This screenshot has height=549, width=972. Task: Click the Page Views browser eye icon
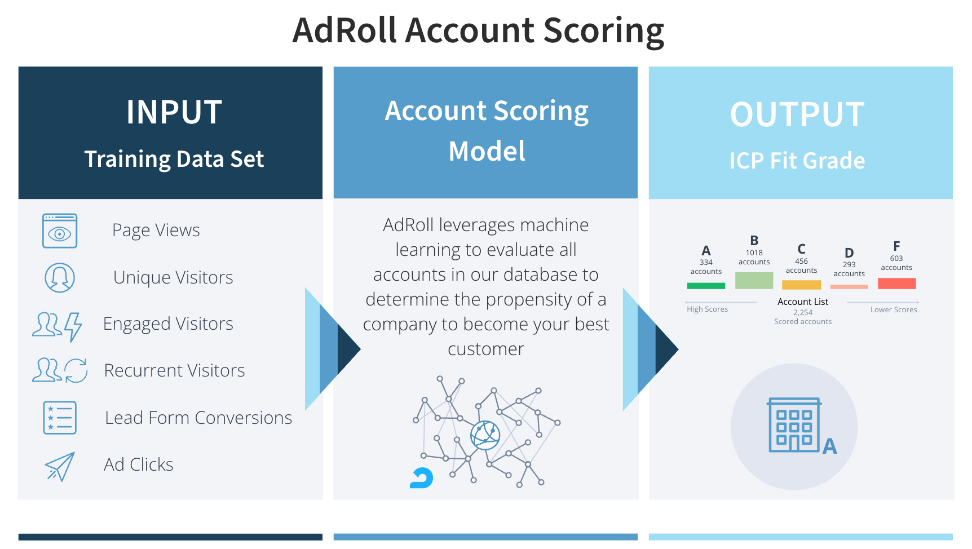(x=60, y=231)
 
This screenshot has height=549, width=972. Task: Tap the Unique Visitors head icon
(x=60, y=277)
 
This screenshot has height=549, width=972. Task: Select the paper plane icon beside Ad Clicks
(x=60, y=467)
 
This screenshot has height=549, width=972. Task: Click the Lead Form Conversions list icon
(x=60, y=418)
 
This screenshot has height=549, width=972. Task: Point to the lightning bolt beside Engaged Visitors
(x=73, y=327)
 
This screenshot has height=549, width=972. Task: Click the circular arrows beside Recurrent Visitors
(x=76, y=370)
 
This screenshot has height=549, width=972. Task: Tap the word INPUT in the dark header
(x=174, y=112)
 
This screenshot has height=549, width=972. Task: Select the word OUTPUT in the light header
(x=797, y=114)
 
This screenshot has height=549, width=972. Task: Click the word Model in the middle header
(x=487, y=151)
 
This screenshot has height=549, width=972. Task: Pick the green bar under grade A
(x=706, y=286)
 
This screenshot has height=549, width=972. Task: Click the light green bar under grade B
(x=754, y=281)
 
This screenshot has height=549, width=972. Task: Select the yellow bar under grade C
(x=801, y=285)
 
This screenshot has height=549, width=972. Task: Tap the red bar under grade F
(x=896, y=284)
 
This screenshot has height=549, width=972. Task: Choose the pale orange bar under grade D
(x=849, y=287)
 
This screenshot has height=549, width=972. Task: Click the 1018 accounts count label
(x=754, y=258)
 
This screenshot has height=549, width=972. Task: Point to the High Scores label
(x=707, y=309)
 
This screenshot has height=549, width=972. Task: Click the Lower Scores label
(x=894, y=309)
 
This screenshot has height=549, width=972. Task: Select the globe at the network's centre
(x=485, y=435)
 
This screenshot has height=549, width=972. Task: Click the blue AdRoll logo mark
(x=422, y=478)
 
